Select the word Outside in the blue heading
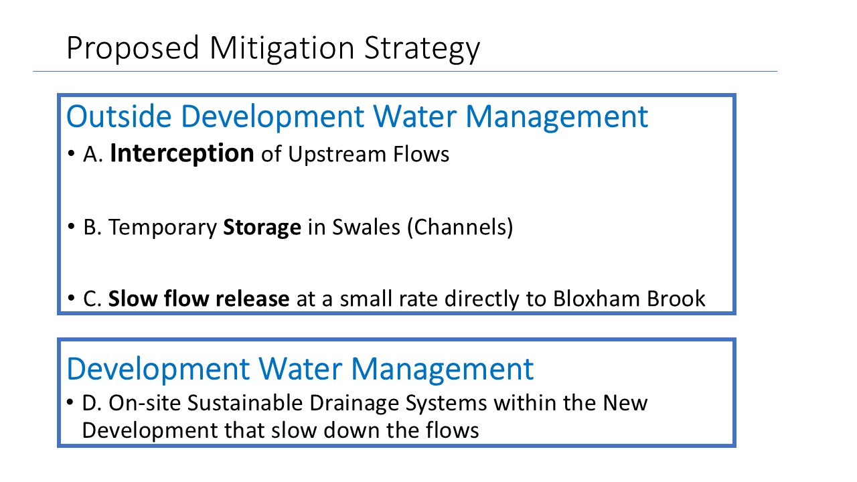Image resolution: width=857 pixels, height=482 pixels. tap(119, 116)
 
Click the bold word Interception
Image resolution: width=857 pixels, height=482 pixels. tap(182, 154)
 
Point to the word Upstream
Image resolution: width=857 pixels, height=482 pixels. tap(337, 155)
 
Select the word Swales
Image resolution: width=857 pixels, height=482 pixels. tap(366, 227)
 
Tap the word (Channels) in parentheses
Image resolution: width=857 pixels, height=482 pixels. tap(460, 228)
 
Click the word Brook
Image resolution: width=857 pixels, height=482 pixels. tap(676, 299)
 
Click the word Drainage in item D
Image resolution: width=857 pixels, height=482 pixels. tap(354, 404)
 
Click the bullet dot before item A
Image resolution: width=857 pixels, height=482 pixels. tap(71, 154)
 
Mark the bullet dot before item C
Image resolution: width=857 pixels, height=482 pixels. tap(71, 298)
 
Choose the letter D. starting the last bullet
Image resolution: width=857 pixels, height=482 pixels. tap(92, 403)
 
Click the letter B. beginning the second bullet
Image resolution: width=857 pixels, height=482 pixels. tap(92, 227)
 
